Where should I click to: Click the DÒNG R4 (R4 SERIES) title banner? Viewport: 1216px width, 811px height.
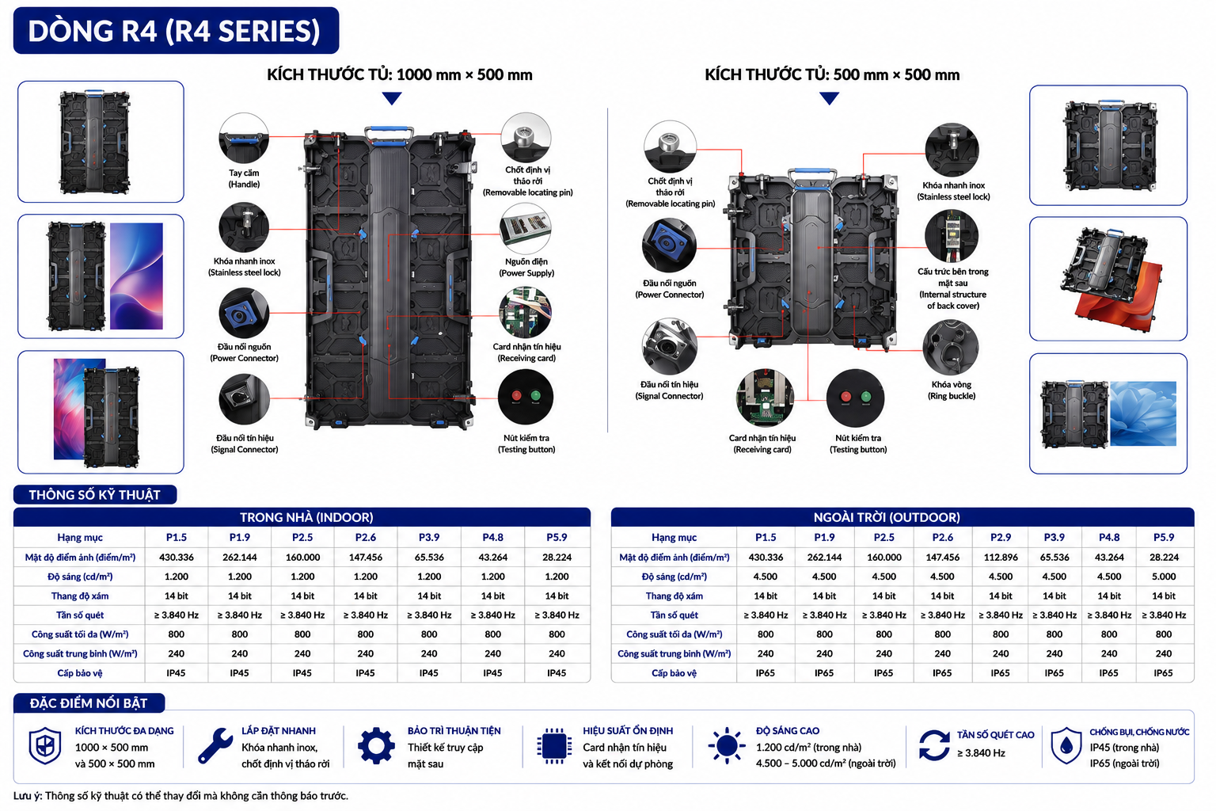tap(176, 30)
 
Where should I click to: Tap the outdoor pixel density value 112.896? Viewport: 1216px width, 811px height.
tap(1000, 558)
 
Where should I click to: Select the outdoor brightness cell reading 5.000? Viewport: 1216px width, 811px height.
tap(1163, 577)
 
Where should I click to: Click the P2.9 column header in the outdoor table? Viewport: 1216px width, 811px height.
tap(1000, 537)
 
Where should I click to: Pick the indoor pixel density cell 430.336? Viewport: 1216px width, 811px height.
tap(177, 558)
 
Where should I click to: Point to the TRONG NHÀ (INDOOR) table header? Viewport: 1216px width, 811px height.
tap(302, 517)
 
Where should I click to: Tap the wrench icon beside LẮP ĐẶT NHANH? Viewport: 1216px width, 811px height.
tap(215, 746)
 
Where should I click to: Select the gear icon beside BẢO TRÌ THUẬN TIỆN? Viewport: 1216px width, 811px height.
tap(376, 746)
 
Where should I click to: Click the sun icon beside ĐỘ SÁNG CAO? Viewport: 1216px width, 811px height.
tap(726, 746)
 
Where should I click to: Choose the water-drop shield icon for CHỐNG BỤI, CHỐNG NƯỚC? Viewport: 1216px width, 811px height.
tap(1066, 746)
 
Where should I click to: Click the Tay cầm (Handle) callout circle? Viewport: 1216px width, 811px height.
tap(244, 138)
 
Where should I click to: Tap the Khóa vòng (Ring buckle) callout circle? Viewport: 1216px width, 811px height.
tap(951, 348)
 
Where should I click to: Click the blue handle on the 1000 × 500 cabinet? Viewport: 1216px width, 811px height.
tap(389, 134)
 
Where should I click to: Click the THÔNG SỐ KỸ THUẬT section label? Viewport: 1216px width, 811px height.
tap(94, 495)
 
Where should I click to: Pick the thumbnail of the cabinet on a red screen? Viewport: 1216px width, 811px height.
tap(1108, 279)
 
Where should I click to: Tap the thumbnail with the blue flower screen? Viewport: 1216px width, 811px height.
tap(1108, 413)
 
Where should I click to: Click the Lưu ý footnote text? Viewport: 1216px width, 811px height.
tap(180, 796)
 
